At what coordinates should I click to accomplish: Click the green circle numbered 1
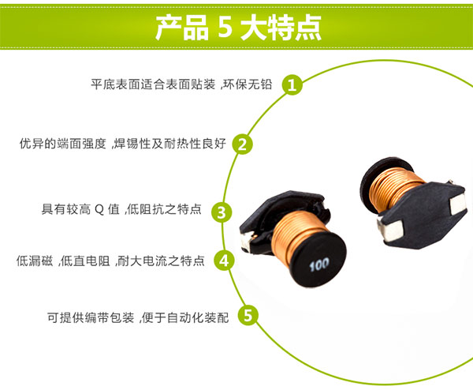point(292,84)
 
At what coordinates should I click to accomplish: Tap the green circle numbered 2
point(244,144)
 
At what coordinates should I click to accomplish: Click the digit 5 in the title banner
point(223,28)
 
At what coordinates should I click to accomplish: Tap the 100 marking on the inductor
point(318,264)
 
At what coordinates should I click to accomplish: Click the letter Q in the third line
point(99,211)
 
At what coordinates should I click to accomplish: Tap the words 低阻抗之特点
point(169,211)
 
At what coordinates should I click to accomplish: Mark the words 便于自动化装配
point(186,318)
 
